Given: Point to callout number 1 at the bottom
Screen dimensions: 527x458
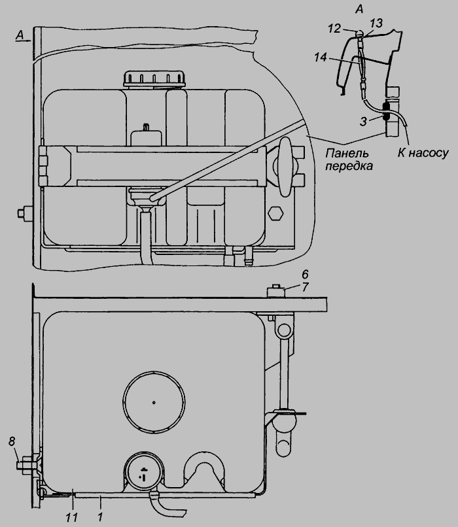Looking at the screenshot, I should (x=99, y=515).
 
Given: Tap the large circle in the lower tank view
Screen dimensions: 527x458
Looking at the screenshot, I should (x=153, y=402).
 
